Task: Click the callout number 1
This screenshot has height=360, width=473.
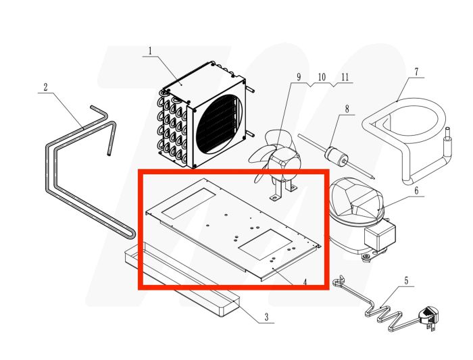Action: point(150,51)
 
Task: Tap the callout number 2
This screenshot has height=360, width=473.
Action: point(45,87)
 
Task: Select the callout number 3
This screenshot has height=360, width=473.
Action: point(266,317)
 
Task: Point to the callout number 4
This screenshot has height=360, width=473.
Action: point(305,282)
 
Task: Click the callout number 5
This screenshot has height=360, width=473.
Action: point(405,280)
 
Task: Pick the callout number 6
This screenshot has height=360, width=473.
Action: point(416,191)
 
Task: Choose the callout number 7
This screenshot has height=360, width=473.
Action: point(416,71)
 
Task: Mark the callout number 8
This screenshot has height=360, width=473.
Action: point(346,109)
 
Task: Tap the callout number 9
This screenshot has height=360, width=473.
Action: point(297,77)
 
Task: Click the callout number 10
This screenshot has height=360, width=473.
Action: point(322,77)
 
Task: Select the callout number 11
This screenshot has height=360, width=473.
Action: point(345,77)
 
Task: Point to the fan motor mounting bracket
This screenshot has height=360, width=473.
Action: point(283,190)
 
